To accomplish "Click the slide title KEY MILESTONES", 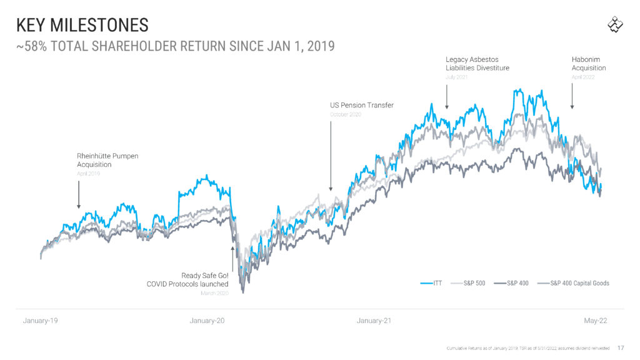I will coord(82,25).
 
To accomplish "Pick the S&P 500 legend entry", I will coord(469,283).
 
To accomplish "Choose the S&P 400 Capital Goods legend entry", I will coord(574,283).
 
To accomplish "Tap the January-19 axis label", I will coord(41,321).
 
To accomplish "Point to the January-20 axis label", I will coord(207,321).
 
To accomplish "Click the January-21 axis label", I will coord(374,321).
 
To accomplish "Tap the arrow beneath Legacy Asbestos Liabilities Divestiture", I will coord(447,97).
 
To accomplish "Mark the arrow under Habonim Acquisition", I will coord(572,97).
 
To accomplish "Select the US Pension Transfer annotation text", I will coord(362,105).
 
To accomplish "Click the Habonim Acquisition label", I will coord(589,63).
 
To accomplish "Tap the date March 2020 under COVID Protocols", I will coord(214,293).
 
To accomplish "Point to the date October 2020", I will coord(345,114).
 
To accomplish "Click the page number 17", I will coord(621,347).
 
